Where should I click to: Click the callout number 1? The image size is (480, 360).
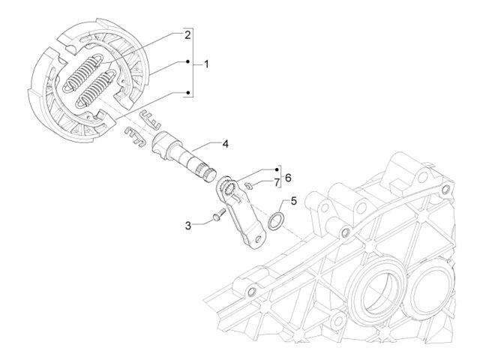point(207,64)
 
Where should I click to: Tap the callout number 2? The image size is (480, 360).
point(187,35)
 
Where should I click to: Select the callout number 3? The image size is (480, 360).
point(188,226)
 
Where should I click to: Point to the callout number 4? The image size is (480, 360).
point(225,143)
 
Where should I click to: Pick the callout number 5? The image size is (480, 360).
point(293,201)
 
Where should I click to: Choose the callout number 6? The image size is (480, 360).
point(288,178)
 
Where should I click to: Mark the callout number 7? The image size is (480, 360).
point(277,183)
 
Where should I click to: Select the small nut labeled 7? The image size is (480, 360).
point(248,185)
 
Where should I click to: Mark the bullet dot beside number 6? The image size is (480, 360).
point(277,169)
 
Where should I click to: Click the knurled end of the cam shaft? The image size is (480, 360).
point(208,174)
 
